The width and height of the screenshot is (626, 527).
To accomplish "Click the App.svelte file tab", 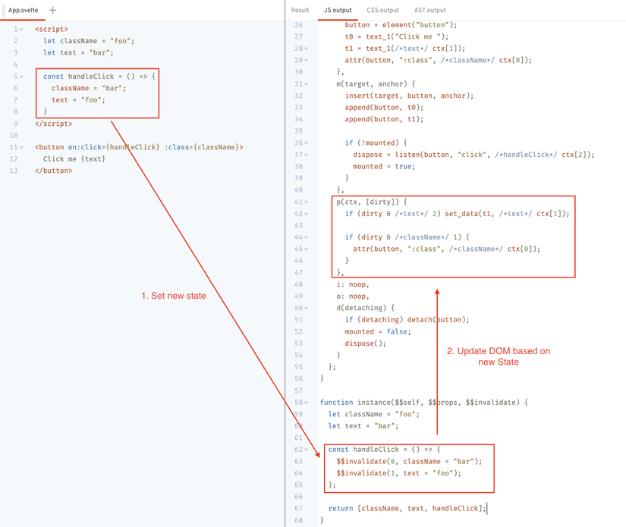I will (23, 11).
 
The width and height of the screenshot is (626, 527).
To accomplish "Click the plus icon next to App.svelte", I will (53, 11).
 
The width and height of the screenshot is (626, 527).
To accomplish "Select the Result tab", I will (300, 11).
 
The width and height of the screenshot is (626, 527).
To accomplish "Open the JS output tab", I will (338, 11).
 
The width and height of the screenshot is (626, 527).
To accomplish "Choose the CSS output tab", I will (382, 11).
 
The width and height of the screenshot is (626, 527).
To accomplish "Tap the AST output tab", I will (429, 11).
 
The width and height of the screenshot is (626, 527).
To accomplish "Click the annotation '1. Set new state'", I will (174, 296).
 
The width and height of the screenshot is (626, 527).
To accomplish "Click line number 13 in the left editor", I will (14, 171).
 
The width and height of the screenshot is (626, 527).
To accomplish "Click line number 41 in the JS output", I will (297, 202).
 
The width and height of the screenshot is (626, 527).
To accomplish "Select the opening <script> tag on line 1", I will (52, 29).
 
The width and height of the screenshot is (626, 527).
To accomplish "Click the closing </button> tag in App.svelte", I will (53, 171).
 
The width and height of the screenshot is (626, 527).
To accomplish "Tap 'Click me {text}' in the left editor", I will (74, 159).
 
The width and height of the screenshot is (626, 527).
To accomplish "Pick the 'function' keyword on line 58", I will (336, 403).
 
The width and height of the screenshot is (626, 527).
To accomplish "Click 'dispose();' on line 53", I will (365, 343).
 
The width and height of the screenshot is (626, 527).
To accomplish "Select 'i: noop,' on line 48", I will (352, 284).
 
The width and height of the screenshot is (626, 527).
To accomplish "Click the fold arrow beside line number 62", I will (307, 450).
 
